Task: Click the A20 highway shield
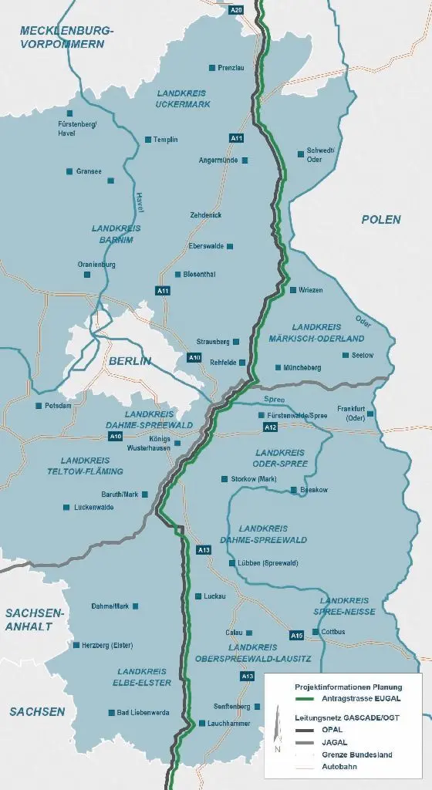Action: [x=238, y=9]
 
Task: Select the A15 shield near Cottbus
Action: [x=297, y=635]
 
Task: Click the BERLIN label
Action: [x=130, y=361]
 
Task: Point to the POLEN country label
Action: [x=381, y=220]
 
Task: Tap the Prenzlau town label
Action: [x=231, y=68]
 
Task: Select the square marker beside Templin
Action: [x=148, y=140]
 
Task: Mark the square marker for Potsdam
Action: [x=39, y=405]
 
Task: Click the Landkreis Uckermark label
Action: [x=182, y=98]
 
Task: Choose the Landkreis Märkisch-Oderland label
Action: [x=327, y=333]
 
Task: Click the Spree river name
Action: [x=274, y=400]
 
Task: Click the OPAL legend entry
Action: [x=329, y=730]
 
